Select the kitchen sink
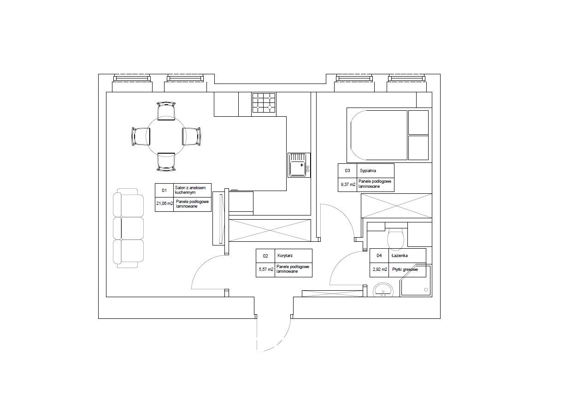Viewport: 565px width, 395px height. point(299,165)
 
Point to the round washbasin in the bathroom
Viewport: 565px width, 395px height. point(383,290)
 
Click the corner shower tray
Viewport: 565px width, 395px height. point(416,281)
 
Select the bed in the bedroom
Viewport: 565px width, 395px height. point(389,135)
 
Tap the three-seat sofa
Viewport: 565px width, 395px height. point(129,228)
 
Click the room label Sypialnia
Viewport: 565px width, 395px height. point(368,171)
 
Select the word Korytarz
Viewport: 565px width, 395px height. point(285,256)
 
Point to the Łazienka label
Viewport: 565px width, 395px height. point(400,255)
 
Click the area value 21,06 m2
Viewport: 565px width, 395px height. point(165,203)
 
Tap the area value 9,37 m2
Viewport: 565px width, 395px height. point(348,185)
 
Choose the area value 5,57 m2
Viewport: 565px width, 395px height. point(266,269)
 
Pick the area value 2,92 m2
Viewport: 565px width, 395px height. point(380,269)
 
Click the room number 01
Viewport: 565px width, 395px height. point(164,191)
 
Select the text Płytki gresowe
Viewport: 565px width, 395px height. point(405,269)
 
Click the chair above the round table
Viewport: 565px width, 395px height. point(166,111)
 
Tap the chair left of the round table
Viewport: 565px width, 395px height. point(141,137)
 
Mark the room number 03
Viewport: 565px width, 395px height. point(347,170)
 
